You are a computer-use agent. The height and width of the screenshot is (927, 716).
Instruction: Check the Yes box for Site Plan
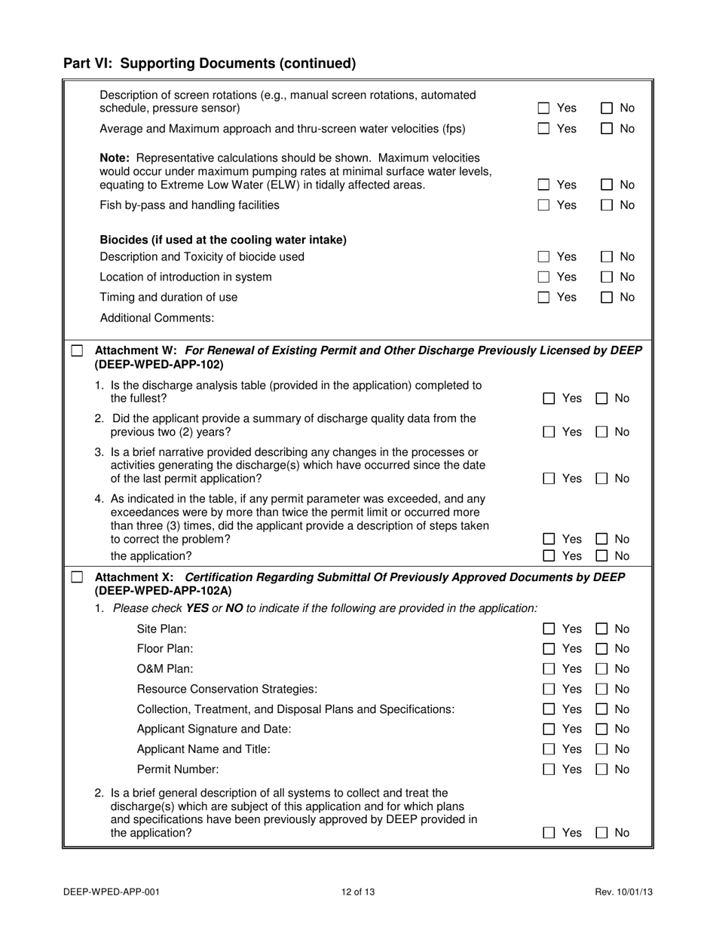pyautogui.click(x=549, y=629)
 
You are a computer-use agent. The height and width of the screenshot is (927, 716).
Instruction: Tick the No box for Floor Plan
pyautogui.click(x=602, y=649)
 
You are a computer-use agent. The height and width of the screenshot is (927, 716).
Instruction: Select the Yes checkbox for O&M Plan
pyautogui.click(x=549, y=669)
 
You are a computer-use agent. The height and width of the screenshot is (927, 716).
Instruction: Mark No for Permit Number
pyautogui.click(x=602, y=769)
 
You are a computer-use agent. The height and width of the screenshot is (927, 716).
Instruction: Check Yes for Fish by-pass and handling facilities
pyautogui.click(x=543, y=205)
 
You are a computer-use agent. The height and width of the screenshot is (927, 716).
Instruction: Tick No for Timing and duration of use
pyautogui.click(x=606, y=298)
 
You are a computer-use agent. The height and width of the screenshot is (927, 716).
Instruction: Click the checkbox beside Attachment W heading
pyautogui.click(x=77, y=351)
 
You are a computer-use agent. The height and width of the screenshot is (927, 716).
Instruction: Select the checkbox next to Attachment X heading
pyautogui.click(x=77, y=577)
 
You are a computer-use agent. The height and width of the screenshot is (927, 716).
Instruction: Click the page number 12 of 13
pyautogui.click(x=358, y=892)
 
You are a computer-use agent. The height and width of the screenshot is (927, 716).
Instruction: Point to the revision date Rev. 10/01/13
pyautogui.click(x=623, y=892)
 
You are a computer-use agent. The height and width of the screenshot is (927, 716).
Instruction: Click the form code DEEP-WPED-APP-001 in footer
pyautogui.click(x=112, y=892)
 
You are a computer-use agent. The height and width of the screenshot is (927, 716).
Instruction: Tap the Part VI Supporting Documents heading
pyautogui.click(x=210, y=63)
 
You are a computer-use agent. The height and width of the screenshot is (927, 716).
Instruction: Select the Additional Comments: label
pyautogui.click(x=157, y=318)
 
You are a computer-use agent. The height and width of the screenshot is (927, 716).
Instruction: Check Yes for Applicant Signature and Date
pyautogui.click(x=549, y=730)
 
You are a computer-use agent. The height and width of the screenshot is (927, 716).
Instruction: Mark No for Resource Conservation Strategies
pyautogui.click(x=602, y=689)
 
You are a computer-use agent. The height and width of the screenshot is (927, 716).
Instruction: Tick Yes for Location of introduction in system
pyautogui.click(x=543, y=277)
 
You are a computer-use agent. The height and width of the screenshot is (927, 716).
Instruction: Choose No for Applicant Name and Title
pyautogui.click(x=602, y=749)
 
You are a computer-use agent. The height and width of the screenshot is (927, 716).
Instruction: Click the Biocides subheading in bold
pyautogui.click(x=223, y=240)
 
